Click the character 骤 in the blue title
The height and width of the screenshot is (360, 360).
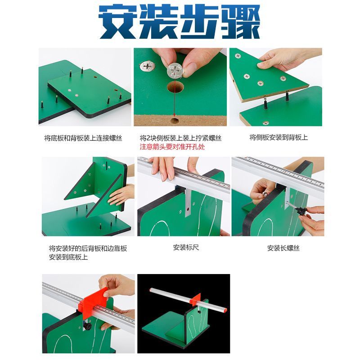[x=241, y=22]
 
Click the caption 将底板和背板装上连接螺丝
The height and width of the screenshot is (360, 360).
[x=83, y=138]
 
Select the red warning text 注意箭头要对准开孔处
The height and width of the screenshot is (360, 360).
[x=172, y=147]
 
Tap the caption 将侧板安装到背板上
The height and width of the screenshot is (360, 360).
[x=279, y=138]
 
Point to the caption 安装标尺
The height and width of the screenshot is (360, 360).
[x=186, y=247]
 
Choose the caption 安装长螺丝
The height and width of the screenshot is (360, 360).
[x=283, y=248]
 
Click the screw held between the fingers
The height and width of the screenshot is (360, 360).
[x=175, y=71]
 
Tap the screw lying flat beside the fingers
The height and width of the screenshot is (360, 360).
[x=147, y=66]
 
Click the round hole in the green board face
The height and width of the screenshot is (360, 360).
[x=175, y=87]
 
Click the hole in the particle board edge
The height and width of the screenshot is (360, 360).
[x=175, y=120]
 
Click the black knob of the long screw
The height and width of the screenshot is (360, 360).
[x=300, y=211]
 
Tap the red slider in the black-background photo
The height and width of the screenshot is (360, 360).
[x=197, y=299]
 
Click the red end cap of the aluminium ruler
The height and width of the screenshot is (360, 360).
[x=225, y=310]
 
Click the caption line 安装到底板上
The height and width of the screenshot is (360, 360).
[x=68, y=257]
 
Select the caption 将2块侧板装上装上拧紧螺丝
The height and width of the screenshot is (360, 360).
[x=180, y=138]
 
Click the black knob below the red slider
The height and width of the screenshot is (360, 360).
[x=87, y=326]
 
